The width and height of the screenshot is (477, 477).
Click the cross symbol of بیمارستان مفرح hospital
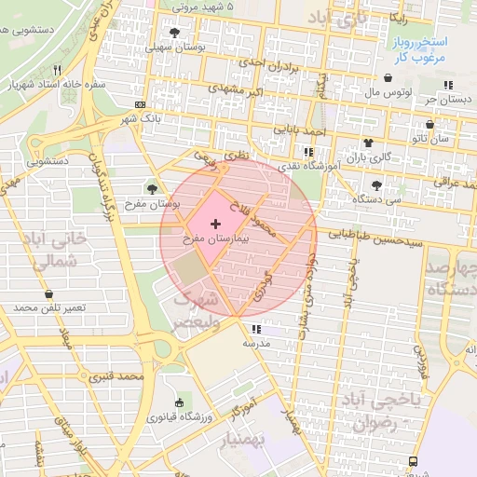(216, 224)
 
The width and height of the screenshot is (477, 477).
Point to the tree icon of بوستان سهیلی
(175, 31)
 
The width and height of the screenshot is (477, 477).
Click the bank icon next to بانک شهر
(140, 104)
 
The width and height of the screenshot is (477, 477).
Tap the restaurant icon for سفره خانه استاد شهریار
(57, 70)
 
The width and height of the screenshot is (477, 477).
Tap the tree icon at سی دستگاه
(376, 184)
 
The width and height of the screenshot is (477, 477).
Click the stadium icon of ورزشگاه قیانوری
(179, 402)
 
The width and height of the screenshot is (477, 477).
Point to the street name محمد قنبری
(116, 377)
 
